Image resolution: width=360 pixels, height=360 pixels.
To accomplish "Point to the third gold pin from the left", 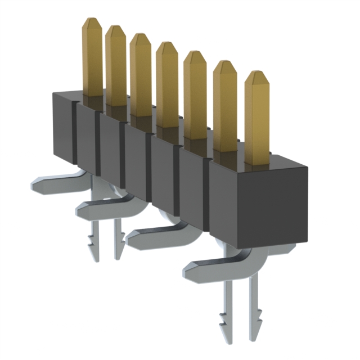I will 141,73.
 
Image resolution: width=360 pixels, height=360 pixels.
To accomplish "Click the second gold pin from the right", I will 225,104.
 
